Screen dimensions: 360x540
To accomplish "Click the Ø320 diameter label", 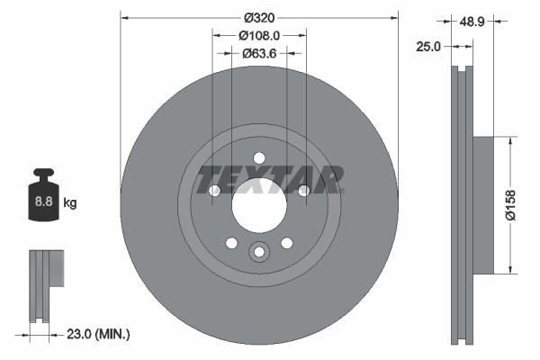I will (259, 16).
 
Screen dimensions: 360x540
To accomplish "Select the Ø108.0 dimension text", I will (259, 35).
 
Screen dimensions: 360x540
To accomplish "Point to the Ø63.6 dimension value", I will (259, 53).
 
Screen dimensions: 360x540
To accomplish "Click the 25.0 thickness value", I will (428, 47).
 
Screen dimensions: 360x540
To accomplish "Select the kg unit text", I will (70, 203).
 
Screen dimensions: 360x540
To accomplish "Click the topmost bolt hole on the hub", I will (259, 155).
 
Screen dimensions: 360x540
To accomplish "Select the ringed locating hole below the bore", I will (259, 253).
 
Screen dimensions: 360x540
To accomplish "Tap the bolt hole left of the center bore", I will (214, 191).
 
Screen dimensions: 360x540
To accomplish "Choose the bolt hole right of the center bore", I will (304, 191).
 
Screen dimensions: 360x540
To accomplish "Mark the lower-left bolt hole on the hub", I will (231, 243).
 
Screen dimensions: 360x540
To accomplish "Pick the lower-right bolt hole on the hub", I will (287, 243).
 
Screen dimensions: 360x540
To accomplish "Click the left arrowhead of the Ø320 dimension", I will (124, 16).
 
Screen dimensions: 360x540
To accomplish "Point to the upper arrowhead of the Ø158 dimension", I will (512, 140).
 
